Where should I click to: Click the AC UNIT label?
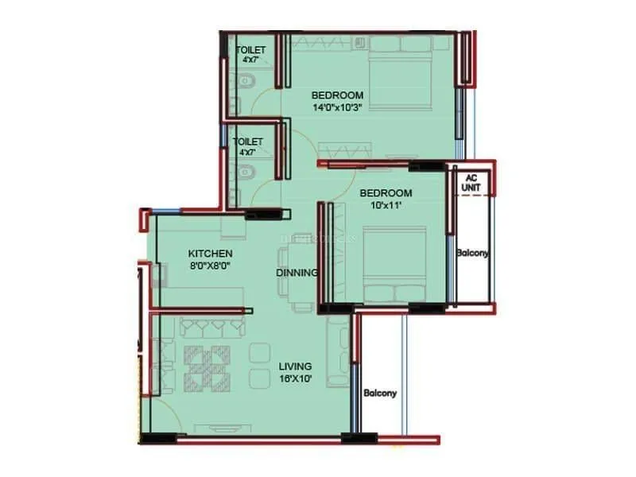(x=471, y=184)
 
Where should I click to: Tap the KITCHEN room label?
(x=210, y=254)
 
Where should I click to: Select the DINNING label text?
(x=297, y=273)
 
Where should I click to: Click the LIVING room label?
(x=295, y=366)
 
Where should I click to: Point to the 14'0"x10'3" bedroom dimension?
(x=337, y=108)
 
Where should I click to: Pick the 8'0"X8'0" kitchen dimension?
(x=210, y=267)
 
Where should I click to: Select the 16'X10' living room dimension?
(x=295, y=378)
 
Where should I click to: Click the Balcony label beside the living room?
(x=380, y=393)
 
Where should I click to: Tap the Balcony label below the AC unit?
(x=472, y=254)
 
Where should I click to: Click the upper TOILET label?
(x=251, y=50)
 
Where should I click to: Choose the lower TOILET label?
(x=247, y=142)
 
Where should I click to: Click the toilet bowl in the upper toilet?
(x=245, y=79)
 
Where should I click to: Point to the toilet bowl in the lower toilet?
(x=245, y=169)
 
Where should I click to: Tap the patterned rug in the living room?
(x=207, y=367)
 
